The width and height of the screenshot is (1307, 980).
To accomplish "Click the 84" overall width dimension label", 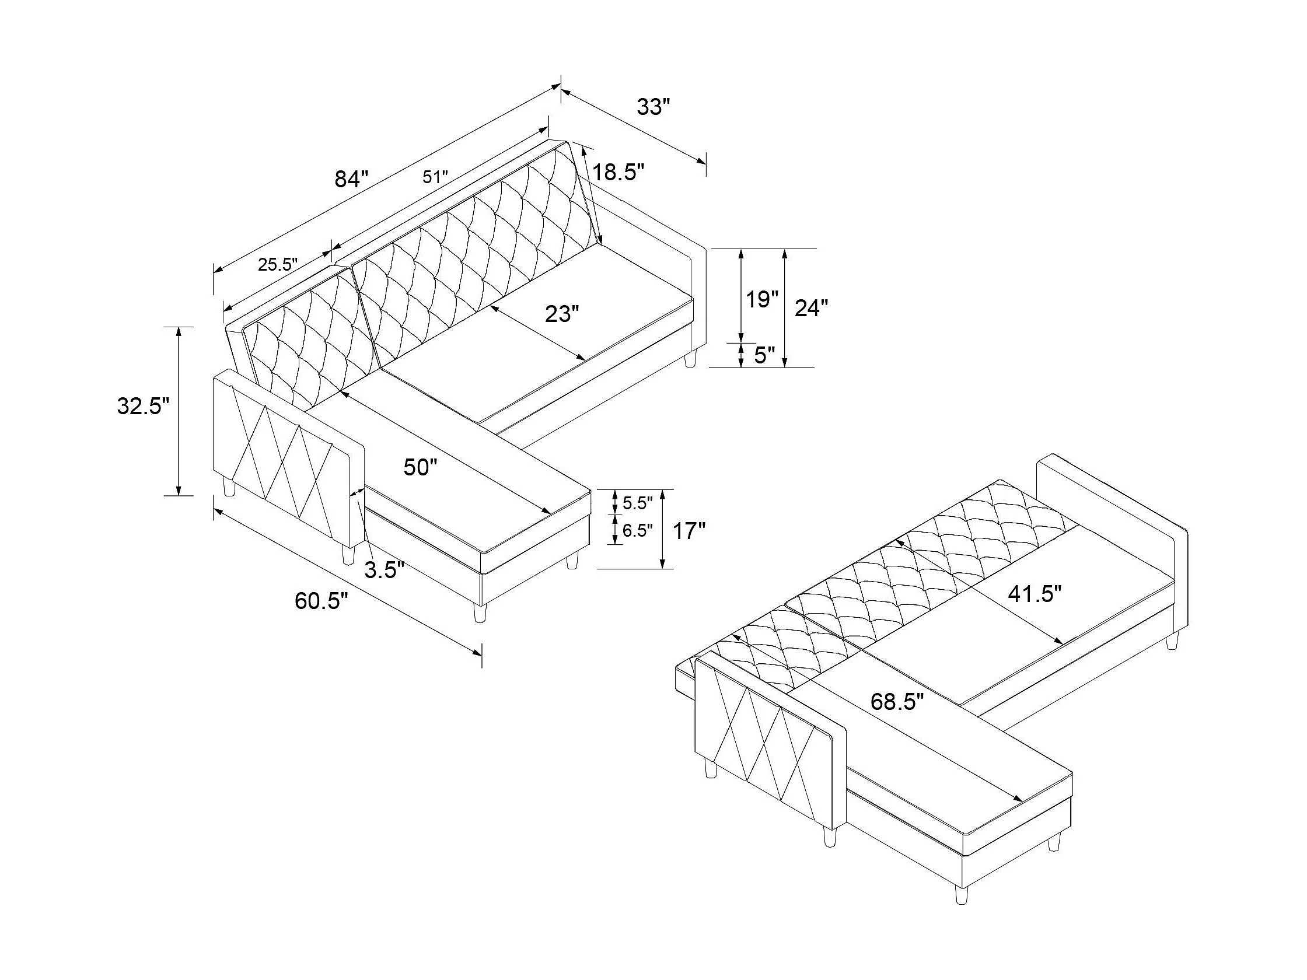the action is [x=351, y=178].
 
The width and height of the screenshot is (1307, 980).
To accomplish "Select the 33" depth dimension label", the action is [x=653, y=107].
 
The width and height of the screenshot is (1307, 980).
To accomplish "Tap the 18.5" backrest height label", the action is [x=617, y=173].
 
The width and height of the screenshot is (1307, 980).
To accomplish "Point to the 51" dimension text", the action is [x=435, y=177].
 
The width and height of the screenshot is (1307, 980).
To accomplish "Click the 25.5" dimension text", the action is [x=278, y=264].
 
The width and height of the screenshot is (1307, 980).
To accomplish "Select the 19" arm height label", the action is [x=761, y=299].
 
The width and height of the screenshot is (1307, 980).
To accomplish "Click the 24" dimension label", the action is [x=810, y=308].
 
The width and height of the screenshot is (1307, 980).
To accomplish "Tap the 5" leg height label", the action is [x=764, y=356].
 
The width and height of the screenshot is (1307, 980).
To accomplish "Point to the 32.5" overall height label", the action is [x=143, y=407].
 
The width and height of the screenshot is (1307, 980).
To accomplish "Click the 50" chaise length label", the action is [x=420, y=467].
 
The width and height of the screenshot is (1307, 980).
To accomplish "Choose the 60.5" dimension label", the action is [x=322, y=601].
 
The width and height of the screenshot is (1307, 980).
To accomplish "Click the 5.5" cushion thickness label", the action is [x=637, y=503].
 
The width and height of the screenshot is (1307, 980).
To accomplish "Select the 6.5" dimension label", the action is [x=637, y=530].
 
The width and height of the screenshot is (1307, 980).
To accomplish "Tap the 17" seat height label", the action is [x=690, y=531].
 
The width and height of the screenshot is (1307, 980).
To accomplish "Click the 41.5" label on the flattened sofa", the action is [x=1035, y=594].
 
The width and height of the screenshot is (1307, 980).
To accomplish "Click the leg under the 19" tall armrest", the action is [x=690, y=359].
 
